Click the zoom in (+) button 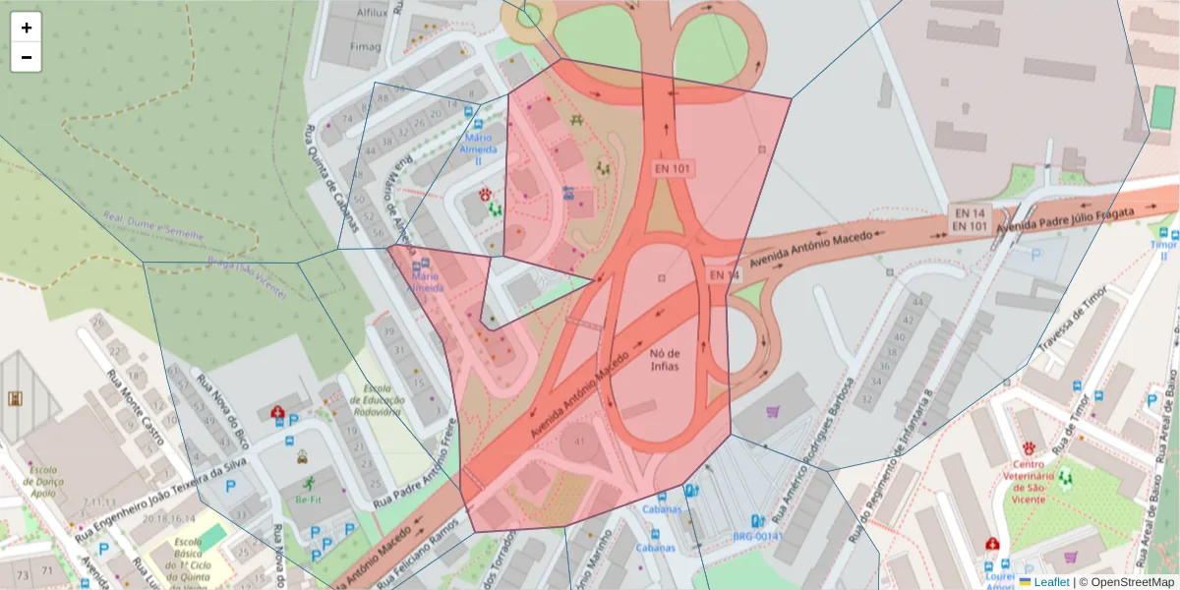pyautogui.click(x=27, y=28)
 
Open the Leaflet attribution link pyautogui.click(x=1050, y=582)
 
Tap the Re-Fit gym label pyautogui.click(x=309, y=500)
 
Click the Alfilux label pyautogui.click(x=372, y=12)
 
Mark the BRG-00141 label pyautogui.click(x=756, y=537)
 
